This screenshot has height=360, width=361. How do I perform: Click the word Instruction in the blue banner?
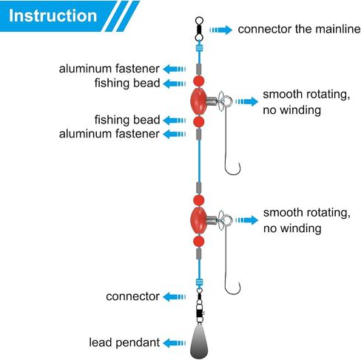pos(53,16)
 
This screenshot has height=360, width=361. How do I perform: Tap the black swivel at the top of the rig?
pos(199,29)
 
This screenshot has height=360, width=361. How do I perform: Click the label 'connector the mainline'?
pos(299,29)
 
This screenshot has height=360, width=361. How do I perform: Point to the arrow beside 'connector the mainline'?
pos(220,30)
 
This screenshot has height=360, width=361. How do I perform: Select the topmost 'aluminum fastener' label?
pos(109,69)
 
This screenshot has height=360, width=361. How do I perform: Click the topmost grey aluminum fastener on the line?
pos(199,69)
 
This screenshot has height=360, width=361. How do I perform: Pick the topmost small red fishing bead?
pos(199,81)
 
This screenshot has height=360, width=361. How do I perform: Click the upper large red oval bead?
pos(198,101)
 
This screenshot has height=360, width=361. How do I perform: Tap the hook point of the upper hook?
pos(239,163)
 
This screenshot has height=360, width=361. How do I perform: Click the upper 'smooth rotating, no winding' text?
pos(306,102)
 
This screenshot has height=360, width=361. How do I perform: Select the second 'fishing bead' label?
pos(127,120)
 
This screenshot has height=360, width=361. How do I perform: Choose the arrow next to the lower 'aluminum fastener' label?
pos(175,134)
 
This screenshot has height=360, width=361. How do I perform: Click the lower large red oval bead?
pos(198,220)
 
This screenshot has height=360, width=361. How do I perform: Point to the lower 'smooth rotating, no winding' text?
pos(307,220)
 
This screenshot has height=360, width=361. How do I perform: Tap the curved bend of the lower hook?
pos(232,293)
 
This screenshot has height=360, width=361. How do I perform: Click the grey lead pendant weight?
pos(199,341)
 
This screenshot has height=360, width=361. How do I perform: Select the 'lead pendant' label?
pos(124,342)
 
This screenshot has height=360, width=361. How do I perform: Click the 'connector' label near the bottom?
pos(132,296)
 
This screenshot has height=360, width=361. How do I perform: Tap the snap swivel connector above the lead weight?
pos(200,305)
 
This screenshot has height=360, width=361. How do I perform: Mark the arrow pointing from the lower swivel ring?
pos(247,220)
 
